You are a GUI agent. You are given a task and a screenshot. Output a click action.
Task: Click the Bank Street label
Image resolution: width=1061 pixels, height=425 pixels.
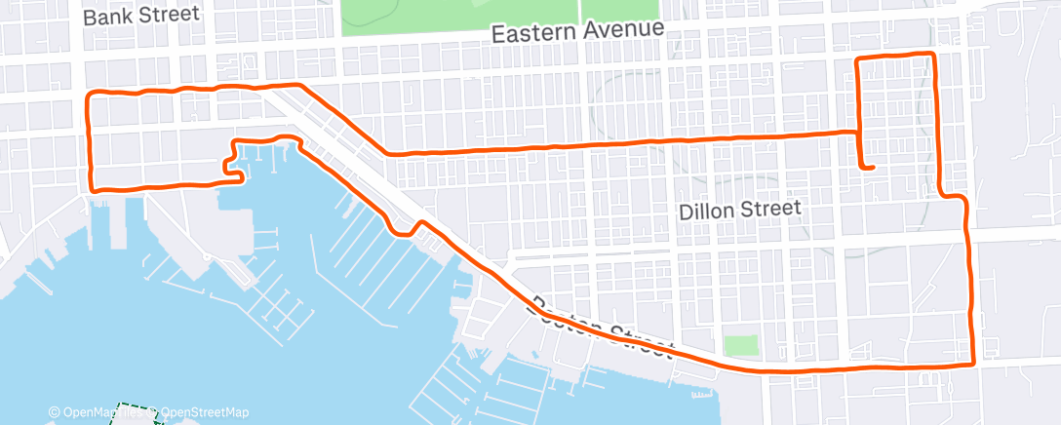(141, 17)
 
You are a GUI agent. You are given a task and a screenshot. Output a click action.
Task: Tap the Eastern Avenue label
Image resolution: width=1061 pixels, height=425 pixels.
(577, 32)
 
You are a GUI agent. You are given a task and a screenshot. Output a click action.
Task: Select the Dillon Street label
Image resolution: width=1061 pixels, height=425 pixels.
(740, 208)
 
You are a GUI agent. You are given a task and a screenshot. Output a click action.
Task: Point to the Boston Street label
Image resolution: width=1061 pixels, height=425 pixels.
(601, 326)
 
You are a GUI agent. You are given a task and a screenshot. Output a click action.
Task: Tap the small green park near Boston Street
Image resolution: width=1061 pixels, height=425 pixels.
(741, 346)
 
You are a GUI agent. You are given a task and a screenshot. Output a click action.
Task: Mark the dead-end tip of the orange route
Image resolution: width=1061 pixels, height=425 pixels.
(872, 168)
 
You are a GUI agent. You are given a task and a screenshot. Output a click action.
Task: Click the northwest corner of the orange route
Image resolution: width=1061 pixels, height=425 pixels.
(91, 96)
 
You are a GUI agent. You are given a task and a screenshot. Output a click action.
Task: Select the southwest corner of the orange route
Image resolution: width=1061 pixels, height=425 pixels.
(92, 188)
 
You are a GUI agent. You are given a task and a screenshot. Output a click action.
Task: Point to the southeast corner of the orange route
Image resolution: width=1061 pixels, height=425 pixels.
(972, 364)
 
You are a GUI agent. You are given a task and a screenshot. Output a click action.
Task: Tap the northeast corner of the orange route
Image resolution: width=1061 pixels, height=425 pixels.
(933, 55)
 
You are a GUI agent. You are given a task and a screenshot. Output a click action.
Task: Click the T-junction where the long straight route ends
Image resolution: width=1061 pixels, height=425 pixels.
(858, 132)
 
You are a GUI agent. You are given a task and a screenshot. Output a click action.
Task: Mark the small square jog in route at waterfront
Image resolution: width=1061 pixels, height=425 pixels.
(235, 168)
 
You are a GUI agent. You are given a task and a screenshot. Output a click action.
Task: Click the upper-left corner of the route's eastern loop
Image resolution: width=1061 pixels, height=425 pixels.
(858, 60)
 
